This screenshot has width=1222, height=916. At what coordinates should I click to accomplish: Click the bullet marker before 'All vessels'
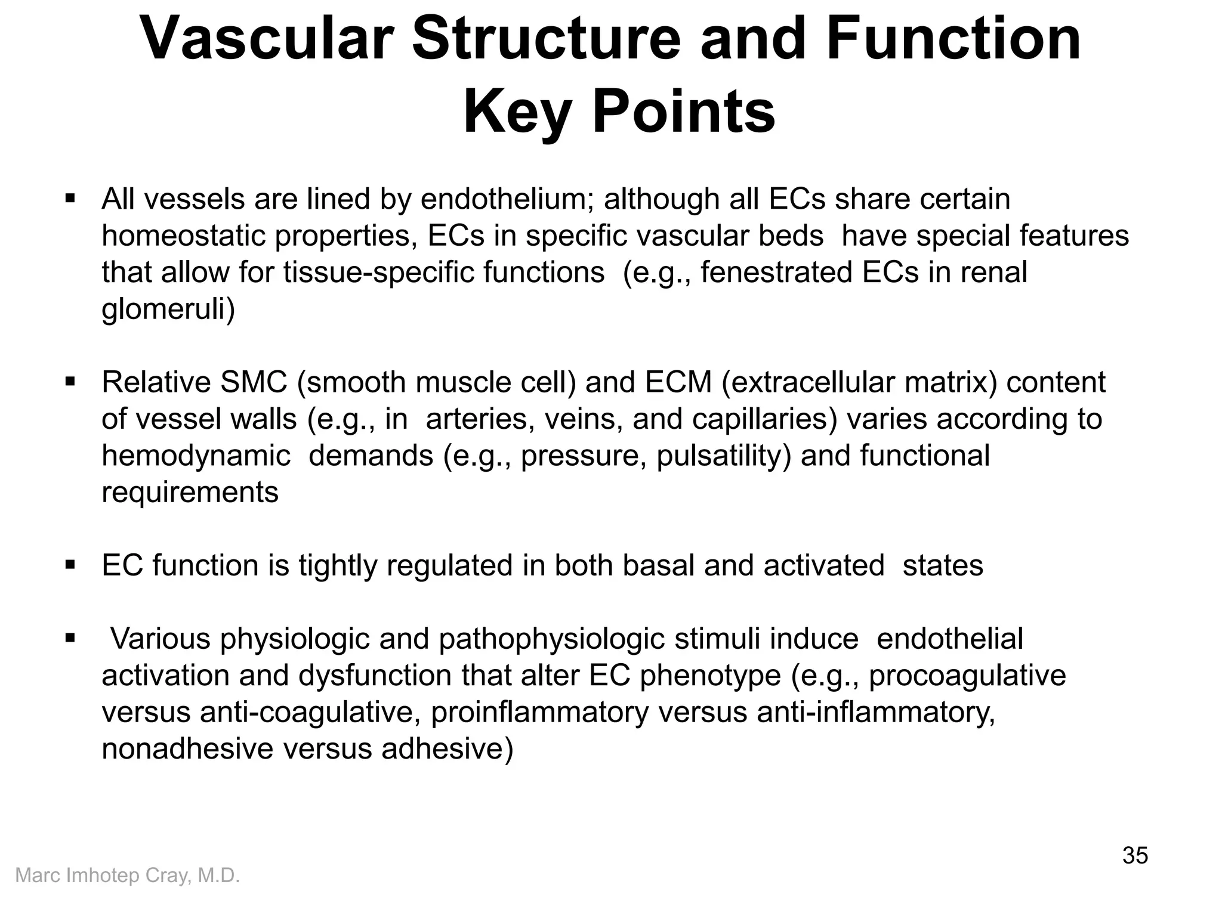(70, 197)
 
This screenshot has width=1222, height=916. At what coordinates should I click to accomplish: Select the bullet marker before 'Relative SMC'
(70, 380)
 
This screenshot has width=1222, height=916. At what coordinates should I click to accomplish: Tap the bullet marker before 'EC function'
(70, 564)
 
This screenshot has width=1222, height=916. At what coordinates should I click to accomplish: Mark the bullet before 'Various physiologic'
(70, 638)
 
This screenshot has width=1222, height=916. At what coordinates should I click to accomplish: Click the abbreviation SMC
(254, 383)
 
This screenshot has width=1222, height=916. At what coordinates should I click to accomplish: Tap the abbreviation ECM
(678, 383)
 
